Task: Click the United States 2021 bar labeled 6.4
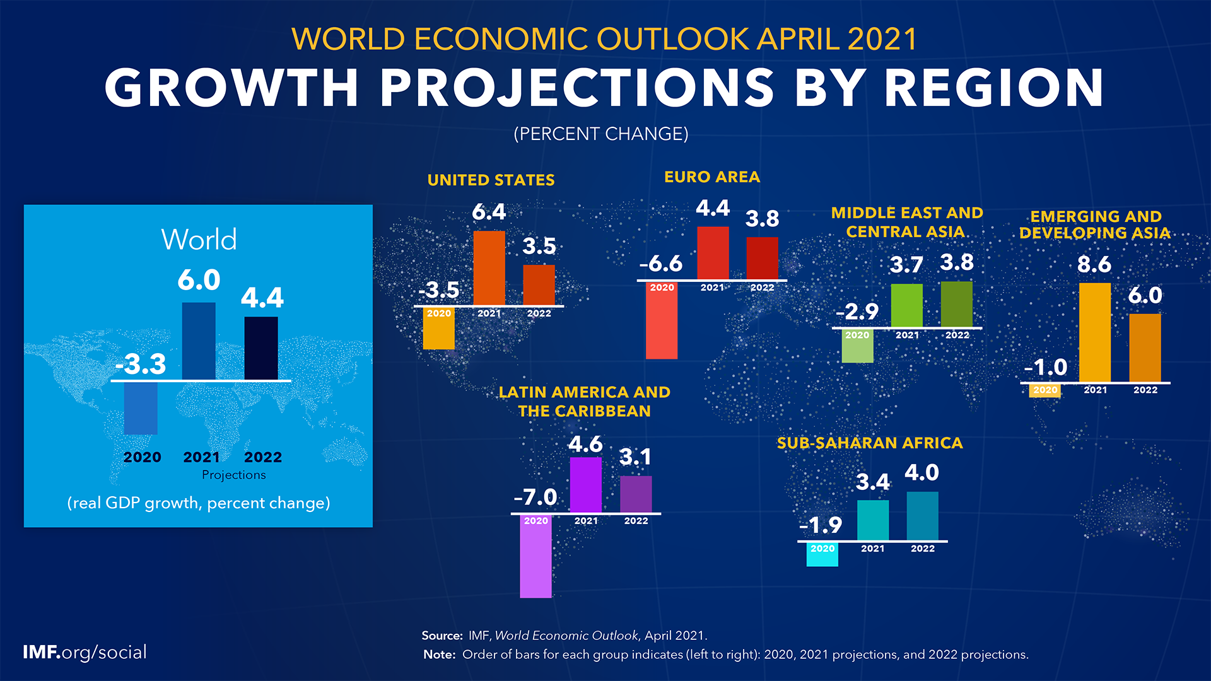[x=489, y=268]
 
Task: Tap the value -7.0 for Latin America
[x=535, y=497]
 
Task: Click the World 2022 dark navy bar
[x=261, y=348]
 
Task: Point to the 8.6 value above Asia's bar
[x=1094, y=264]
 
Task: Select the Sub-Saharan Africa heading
[x=870, y=443]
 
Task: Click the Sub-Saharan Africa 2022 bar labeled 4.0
[x=922, y=516]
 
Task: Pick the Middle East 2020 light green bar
[x=857, y=351]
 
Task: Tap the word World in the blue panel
[x=199, y=240]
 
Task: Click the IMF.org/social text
[x=85, y=652]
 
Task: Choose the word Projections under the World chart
[x=233, y=475]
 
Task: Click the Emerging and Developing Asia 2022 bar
[x=1145, y=347]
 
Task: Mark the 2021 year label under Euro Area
[x=712, y=288]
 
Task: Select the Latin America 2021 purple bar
[x=585, y=484]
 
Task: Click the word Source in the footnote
[x=442, y=636]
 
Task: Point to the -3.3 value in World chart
[x=141, y=364]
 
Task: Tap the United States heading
[x=491, y=180]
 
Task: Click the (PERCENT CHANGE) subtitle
[x=601, y=134]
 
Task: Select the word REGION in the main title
[x=993, y=88]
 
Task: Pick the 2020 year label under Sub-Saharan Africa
[x=822, y=549]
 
